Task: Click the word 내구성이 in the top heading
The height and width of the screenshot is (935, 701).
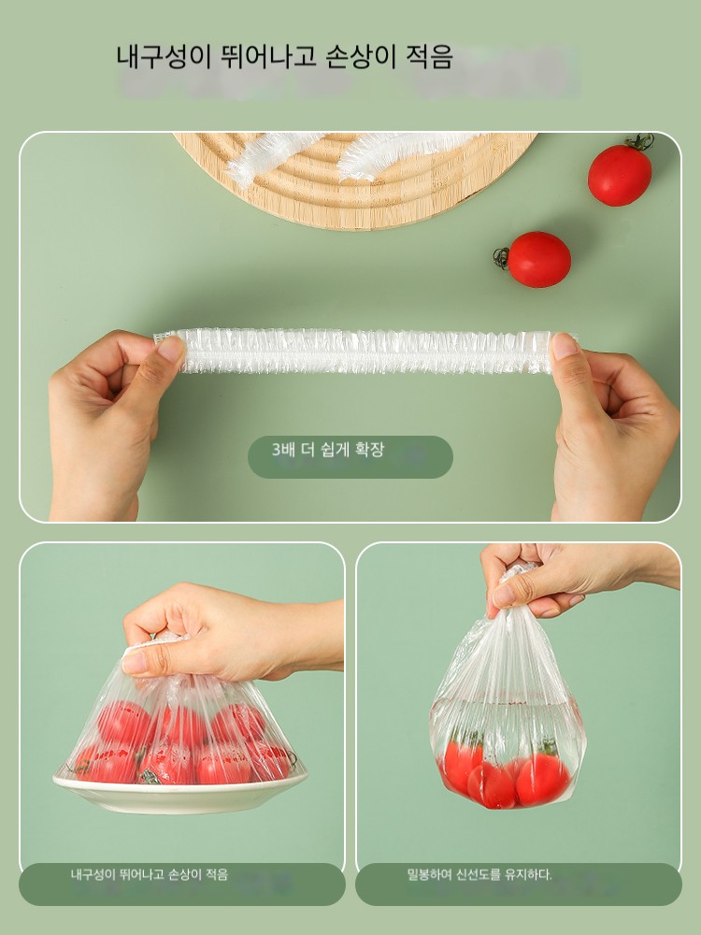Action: pos(151,57)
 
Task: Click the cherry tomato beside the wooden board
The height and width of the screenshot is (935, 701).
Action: pos(620,174)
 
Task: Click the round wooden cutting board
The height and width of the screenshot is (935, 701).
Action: pos(355,179)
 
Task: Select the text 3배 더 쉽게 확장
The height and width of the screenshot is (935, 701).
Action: pos(328,450)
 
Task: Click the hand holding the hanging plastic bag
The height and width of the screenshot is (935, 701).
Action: pos(572,575)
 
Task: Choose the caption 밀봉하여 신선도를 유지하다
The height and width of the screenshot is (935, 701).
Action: pos(479,875)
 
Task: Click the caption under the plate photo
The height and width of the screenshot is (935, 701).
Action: pos(149,875)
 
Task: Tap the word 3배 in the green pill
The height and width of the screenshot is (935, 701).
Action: pos(284,450)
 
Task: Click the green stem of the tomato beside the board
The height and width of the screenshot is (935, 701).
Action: pos(640,142)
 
